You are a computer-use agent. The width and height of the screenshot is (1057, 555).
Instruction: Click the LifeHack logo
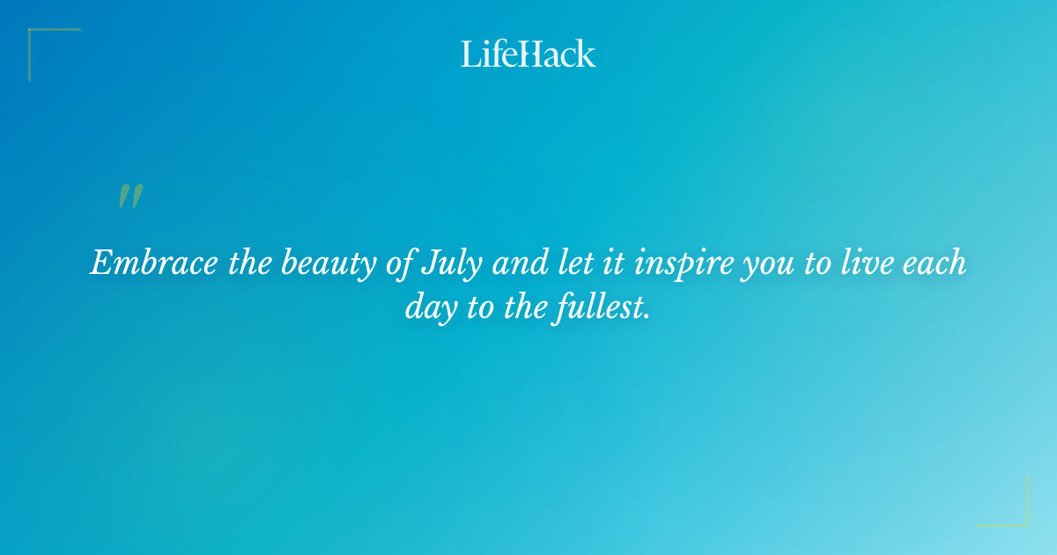(x=528, y=54)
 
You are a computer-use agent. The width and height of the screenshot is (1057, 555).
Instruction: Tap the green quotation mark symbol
(x=130, y=196)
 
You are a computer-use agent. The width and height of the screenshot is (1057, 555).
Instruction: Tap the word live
(x=870, y=263)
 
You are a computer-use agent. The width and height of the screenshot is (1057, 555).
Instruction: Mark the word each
(x=935, y=263)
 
